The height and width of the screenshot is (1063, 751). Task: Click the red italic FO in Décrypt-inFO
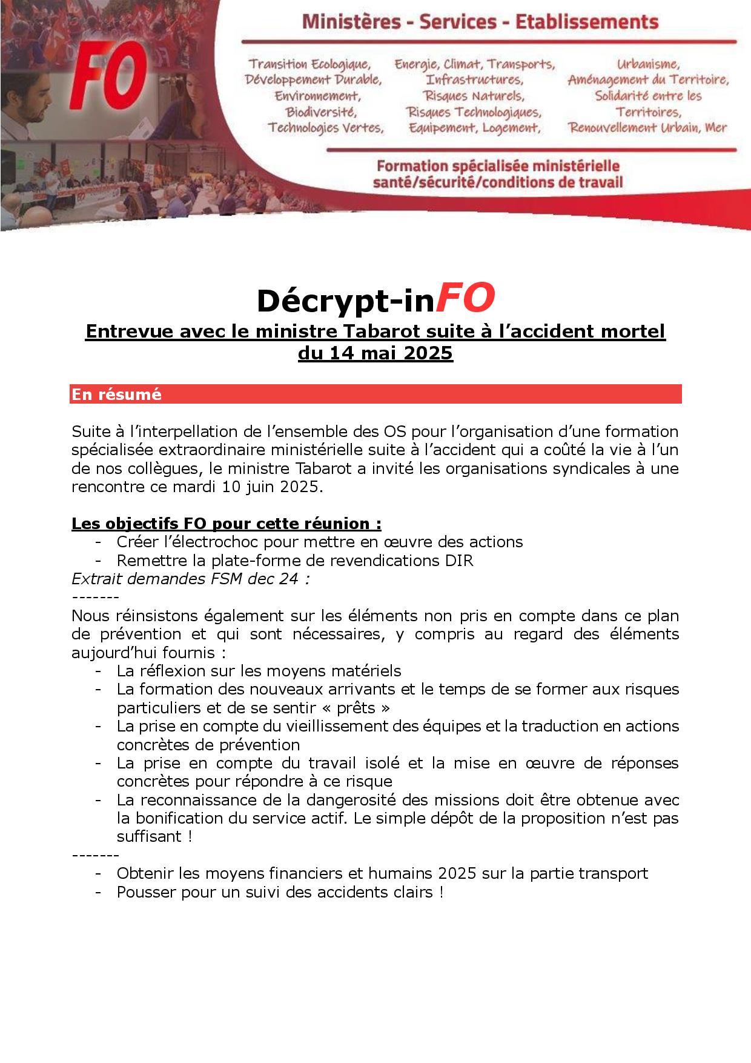tap(465, 298)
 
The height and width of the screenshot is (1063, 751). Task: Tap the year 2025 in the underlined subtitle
tap(428, 353)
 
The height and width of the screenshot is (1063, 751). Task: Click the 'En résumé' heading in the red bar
tap(117, 395)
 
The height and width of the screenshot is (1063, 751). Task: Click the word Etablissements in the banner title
tap(586, 23)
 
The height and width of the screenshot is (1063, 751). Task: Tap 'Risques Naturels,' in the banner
tap(474, 96)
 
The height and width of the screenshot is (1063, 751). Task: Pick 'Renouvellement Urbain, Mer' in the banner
tap(647, 128)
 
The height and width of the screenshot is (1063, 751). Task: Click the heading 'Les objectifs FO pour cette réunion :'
tap(227, 524)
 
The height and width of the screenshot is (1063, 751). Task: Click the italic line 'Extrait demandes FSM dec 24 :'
tap(191, 579)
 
